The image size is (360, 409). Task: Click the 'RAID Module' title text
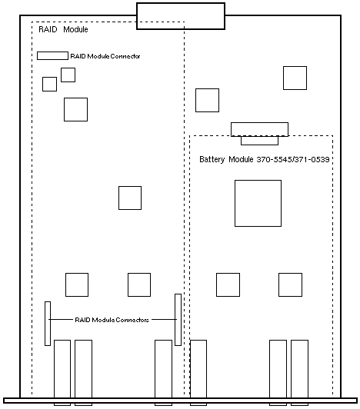tap(63, 29)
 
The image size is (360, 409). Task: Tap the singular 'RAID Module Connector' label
tap(105, 56)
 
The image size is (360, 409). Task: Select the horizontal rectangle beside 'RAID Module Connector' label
tap(52, 56)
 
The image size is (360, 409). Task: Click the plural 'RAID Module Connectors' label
tap(112, 320)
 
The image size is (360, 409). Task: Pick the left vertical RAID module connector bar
tap(48, 324)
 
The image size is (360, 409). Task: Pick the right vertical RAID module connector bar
tap(178, 320)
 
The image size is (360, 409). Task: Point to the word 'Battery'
tap(212, 159)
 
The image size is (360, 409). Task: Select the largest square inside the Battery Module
tap(258, 203)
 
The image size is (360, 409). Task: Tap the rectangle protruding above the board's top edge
tap(181, 16)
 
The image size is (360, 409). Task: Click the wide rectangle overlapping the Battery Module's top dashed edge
tap(259, 129)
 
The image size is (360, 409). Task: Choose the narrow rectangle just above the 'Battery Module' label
tap(259, 141)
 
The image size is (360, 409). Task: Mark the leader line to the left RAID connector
tap(61, 320)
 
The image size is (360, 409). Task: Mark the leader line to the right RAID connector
tap(164, 320)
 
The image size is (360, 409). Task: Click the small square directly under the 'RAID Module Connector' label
tap(68, 75)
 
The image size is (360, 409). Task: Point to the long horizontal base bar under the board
tap(180, 401)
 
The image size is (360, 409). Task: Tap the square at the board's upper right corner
tap(295, 78)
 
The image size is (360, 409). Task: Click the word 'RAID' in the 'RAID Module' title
tap(48, 29)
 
